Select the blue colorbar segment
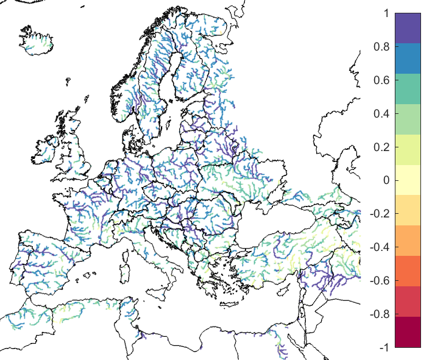[x=408, y=58]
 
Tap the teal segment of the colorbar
[x=408, y=89]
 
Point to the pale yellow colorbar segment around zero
[x=408, y=180]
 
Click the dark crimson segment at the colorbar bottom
[x=408, y=332]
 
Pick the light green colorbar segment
[x=408, y=119]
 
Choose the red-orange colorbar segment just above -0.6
[x=408, y=271]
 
